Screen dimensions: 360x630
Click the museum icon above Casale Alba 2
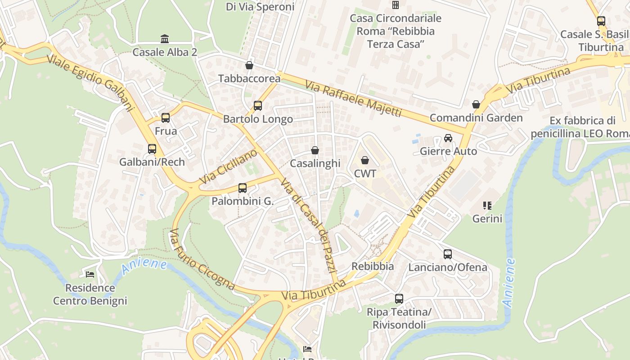coord(165,39)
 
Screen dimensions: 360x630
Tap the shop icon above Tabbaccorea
coord(249,65)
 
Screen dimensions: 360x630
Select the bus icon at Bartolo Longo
coord(258,106)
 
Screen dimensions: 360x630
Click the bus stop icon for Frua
coord(166,118)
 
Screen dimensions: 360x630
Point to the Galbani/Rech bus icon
coord(152,149)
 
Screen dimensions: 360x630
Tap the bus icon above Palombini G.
coord(243,188)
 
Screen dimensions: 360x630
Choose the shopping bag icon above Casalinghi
coord(315,150)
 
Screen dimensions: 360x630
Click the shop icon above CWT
coord(365,160)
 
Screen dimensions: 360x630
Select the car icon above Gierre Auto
coord(448,138)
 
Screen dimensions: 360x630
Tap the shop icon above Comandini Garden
coord(476,105)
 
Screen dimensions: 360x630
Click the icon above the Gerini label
coord(487,206)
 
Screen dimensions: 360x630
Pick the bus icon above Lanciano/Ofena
coord(448,254)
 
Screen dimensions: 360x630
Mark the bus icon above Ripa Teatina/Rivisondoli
coord(399,299)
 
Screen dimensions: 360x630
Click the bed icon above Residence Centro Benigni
coord(90,274)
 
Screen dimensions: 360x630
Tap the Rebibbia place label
coord(373,266)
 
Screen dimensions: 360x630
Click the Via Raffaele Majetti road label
coord(353,99)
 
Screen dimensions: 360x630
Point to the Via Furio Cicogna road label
coord(202,260)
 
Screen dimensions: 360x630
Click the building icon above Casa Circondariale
coord(396,5)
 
